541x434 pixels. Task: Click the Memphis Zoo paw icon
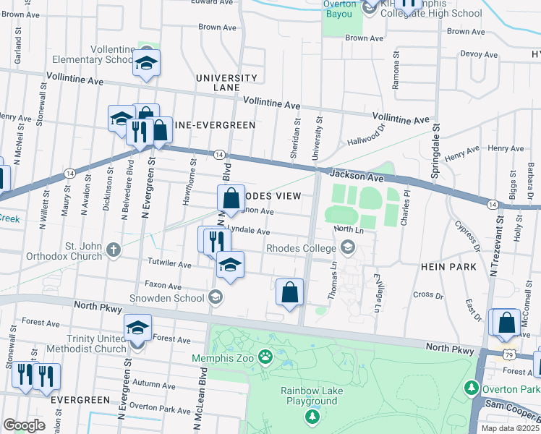point(266,356)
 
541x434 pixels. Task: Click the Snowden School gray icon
point(215,297)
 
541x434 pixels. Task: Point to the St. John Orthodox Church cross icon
point(113,250)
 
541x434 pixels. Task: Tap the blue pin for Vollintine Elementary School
point(146,63)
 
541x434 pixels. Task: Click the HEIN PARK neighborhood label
point(448,267)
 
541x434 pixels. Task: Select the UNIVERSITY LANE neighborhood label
point(226,82)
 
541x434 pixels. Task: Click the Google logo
point(24,425)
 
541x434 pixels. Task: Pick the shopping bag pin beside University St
point(289,292)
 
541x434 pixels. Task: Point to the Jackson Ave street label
point(357,176)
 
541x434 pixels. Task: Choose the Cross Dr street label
point(427,295)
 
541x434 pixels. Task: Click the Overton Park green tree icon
point(472,388)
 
